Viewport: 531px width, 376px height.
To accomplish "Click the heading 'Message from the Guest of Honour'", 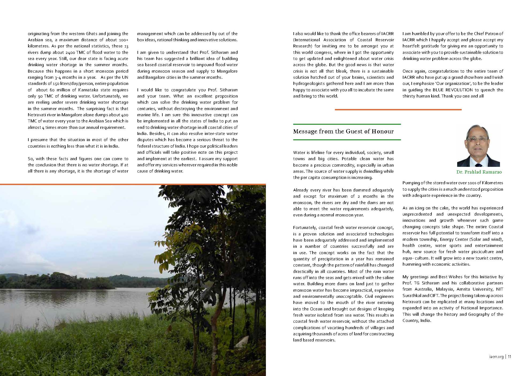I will tap(343, 131).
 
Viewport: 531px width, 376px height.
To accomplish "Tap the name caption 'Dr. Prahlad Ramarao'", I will tap(479, 172).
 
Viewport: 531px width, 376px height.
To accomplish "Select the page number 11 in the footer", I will tap(509, 357).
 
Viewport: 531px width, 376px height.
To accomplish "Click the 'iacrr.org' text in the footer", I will tap(495, 357).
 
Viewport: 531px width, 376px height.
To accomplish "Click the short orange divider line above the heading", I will tap(398, 110).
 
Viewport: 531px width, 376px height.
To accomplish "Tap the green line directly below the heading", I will tap(347, 140).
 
